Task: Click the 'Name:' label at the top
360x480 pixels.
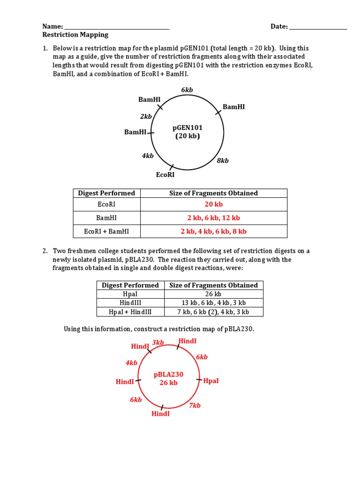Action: pyautogui.click(x=52, y=26)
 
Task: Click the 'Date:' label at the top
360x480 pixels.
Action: pyautogui.click(x=279, y=26)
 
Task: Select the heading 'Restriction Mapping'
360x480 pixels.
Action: pyautogui.click(x=75, y=35)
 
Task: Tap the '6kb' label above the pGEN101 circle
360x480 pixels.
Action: pyautogui.click(x=187, y=90)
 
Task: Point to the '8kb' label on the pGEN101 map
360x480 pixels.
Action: pyautogui.click(x=223, y=161)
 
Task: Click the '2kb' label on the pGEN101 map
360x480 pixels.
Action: pyautogui.click(x=146, y=116)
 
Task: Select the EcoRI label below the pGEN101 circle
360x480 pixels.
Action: pyautogui.click(x=165, y=175)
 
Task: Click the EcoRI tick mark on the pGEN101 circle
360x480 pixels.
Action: pyautogui.click(x=172, y=167)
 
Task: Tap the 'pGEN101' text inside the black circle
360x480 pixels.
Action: pyautogui.click(x=187, y=127)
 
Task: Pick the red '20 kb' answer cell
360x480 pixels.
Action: pyautogui.click(x=214, y=204)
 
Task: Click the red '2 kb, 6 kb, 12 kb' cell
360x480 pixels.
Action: pyautogui.click(x=214, y=218)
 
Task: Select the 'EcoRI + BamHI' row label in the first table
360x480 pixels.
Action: pyautogui.click(x=106, y=231)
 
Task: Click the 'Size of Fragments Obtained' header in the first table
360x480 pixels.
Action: pyautogui.click(x=214, y=193)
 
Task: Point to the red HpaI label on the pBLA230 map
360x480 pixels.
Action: pyautogui.click(x=211, y=381)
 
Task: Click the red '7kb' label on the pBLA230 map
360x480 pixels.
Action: pyautogui.click(x=195, y=405)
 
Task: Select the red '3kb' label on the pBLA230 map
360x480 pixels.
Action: pyautogui.click(x=158, y=343)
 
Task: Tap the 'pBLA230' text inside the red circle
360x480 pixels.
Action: pyautogui.click(x=169, y=375)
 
